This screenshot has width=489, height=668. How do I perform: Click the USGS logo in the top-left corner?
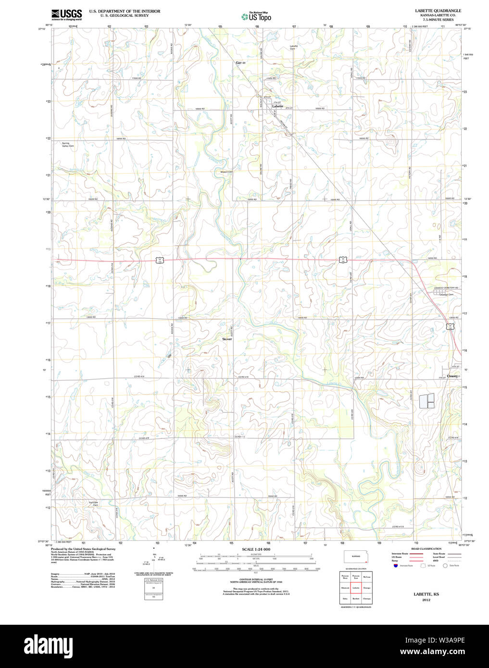pos(66,14)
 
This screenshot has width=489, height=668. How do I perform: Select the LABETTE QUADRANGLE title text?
pos(438,11)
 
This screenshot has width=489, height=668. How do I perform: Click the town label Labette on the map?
pos(277,106)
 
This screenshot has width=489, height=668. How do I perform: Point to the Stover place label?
pos(226,339)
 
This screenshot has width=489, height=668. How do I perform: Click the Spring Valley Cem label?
pos(68,145)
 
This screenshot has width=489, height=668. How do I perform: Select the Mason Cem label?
pos(226,172)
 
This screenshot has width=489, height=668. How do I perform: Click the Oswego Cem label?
pos(447,295)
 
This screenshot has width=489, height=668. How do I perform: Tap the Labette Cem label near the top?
pos(293,47)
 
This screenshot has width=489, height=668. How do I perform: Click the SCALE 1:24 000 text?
pos(256,549)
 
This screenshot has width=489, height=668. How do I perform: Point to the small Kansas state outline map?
pos(356,557)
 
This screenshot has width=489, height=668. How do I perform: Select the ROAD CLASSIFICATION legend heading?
pos(426,549)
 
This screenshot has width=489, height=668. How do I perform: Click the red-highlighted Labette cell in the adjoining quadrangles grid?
pos(356,588)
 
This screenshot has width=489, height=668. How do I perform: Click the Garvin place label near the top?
pos(240,63)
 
